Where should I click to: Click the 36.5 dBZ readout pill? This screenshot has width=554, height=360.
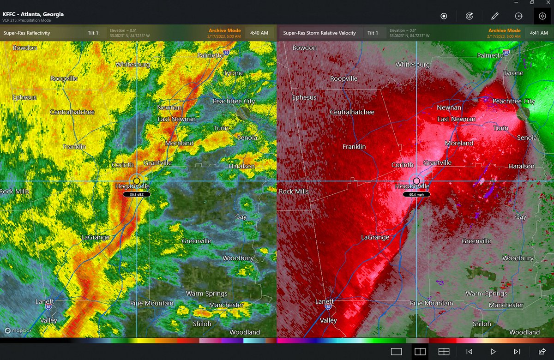tap(137, 195)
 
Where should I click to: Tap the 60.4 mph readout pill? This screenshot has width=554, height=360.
tap(416, 195)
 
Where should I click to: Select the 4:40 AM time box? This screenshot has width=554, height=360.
tap(259, 33)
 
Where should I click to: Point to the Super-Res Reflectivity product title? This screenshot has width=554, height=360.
tap(27, 33)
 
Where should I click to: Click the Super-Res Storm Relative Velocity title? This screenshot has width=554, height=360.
tap(319, 33)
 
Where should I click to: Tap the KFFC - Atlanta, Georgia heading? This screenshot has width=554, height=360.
tap(33, 14)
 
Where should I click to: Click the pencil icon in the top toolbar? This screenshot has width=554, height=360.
tap(495, 16)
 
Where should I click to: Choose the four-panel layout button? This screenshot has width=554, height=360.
tap(444, 352)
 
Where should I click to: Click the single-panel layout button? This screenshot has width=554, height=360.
tap(396, 352)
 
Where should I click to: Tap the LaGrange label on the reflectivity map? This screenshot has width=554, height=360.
tap(96, 237)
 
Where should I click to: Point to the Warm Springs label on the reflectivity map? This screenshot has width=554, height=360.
tap(207, 294)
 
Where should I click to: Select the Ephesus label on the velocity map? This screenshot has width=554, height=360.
tap(305, 97)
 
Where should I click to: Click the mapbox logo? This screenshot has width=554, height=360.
tap(15, 330)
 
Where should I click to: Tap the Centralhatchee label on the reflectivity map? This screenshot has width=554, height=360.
tap(72, 112)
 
